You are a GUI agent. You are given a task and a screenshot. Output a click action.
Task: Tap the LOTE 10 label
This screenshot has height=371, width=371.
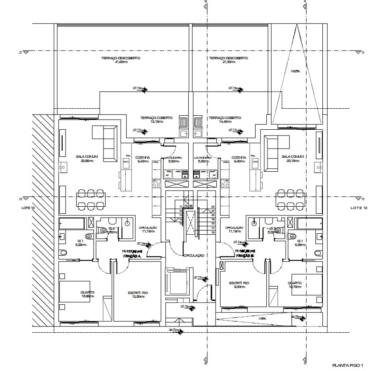coord(28,208)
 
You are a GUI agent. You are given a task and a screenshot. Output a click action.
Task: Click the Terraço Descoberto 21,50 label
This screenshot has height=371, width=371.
coord(228,60)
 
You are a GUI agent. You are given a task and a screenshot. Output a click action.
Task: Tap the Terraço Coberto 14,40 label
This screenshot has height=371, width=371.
coord(225,119)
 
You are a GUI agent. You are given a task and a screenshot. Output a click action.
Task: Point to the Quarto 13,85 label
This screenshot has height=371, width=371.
coord(87,294)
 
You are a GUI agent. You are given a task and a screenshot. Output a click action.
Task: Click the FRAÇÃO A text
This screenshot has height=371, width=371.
coord(132,255)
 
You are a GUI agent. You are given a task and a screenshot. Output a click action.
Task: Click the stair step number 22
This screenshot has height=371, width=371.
coord(213,207)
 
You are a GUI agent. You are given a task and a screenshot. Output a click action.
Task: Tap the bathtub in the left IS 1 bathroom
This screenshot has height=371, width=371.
coord(76,224)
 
